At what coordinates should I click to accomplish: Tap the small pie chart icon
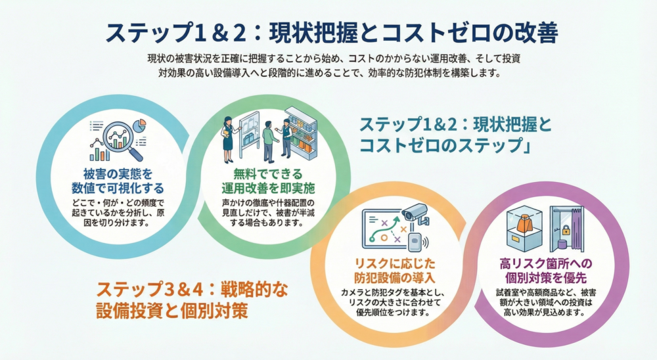click(139, 124)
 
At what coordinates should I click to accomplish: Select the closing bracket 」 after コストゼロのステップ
click(526, 146)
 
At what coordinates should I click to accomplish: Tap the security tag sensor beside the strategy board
click(415, 241)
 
